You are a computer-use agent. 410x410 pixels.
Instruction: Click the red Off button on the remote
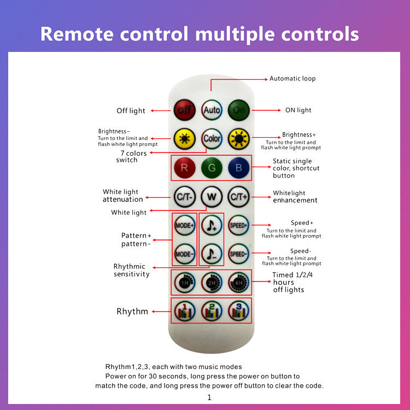click(x=184, y=110)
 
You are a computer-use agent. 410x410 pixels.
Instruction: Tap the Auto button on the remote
click(x=212, y=110)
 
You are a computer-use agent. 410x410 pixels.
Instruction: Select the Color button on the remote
click(x=212, y=139)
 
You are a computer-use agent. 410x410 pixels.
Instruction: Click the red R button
click(x=184, y=168)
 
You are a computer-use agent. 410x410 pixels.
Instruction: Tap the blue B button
click(x=238, y=168)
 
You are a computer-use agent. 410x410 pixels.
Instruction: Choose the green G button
click(x=212, y=168)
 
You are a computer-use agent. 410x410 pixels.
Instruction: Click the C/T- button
click(x=184, y=196)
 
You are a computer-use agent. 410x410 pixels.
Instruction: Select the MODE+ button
click(x=184, y=225)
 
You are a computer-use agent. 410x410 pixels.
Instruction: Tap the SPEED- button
click(x=238, y=254)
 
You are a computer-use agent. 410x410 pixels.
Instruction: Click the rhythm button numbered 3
click(x=238, y=311)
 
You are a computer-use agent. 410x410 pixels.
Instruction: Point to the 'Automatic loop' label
click(x=292, y=79)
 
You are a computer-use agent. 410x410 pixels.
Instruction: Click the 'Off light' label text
click(x=131, y=111)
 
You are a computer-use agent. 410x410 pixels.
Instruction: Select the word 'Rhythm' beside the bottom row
click(x=132, y=312)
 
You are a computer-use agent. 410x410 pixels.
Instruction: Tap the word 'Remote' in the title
click(x=74, y=34)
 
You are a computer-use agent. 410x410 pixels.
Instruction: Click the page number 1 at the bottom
click(x=209, y=397)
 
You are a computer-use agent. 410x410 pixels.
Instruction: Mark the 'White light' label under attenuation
click(x=129, y=212)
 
